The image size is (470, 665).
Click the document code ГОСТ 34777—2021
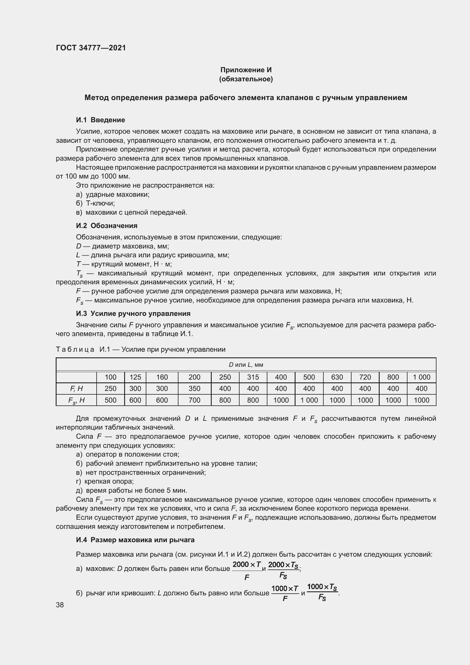(91, 48)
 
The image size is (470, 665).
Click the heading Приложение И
(246, 70)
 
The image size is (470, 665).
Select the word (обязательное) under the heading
(246, 79)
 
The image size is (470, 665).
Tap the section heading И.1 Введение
(100, 120)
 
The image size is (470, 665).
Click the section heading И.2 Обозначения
(107, 226)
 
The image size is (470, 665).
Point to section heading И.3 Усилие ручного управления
(133, 313)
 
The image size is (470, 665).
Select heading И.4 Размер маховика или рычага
(135, 540)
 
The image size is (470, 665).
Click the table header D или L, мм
(246, 365)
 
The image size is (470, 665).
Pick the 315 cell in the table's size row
(253, 377)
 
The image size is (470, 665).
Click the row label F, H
(76, 388)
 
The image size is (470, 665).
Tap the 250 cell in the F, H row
(110, 388)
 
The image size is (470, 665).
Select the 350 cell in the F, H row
(194, 388)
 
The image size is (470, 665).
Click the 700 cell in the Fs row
(194, 400)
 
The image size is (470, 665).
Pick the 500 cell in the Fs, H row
(110, 400)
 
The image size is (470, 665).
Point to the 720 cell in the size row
(365, 377)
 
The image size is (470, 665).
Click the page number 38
(60, 605)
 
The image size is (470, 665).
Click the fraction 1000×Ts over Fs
(322, 592)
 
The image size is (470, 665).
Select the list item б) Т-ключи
(95, 203)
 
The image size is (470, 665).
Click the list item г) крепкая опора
(105, 481)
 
